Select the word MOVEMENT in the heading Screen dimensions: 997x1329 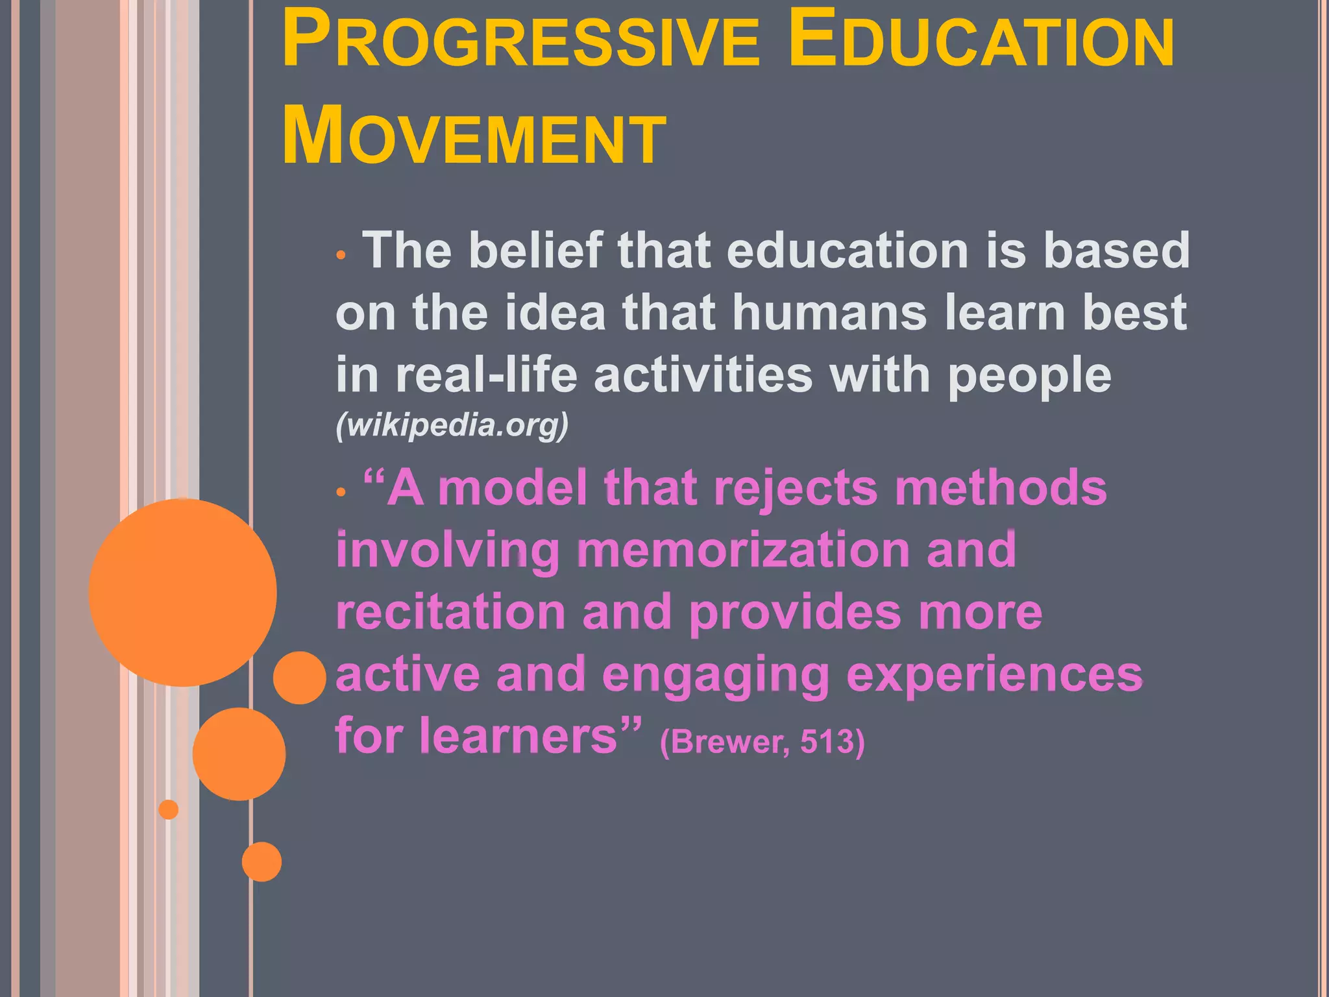474,136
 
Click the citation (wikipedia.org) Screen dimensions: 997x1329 452,425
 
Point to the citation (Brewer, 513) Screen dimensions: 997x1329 762,742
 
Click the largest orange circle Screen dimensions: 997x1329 182,593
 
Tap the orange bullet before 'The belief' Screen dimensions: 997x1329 341,255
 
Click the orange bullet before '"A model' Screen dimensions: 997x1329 341,493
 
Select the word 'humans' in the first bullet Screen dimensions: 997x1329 829,313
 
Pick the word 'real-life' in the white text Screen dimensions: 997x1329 486,375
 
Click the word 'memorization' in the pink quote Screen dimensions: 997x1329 744,550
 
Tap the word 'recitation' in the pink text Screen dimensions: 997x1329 451,612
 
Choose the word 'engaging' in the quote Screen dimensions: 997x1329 716,675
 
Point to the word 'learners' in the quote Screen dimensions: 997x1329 518,737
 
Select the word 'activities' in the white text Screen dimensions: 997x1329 703,375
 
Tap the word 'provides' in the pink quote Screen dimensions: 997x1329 795,612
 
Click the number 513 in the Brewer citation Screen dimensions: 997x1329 827,742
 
